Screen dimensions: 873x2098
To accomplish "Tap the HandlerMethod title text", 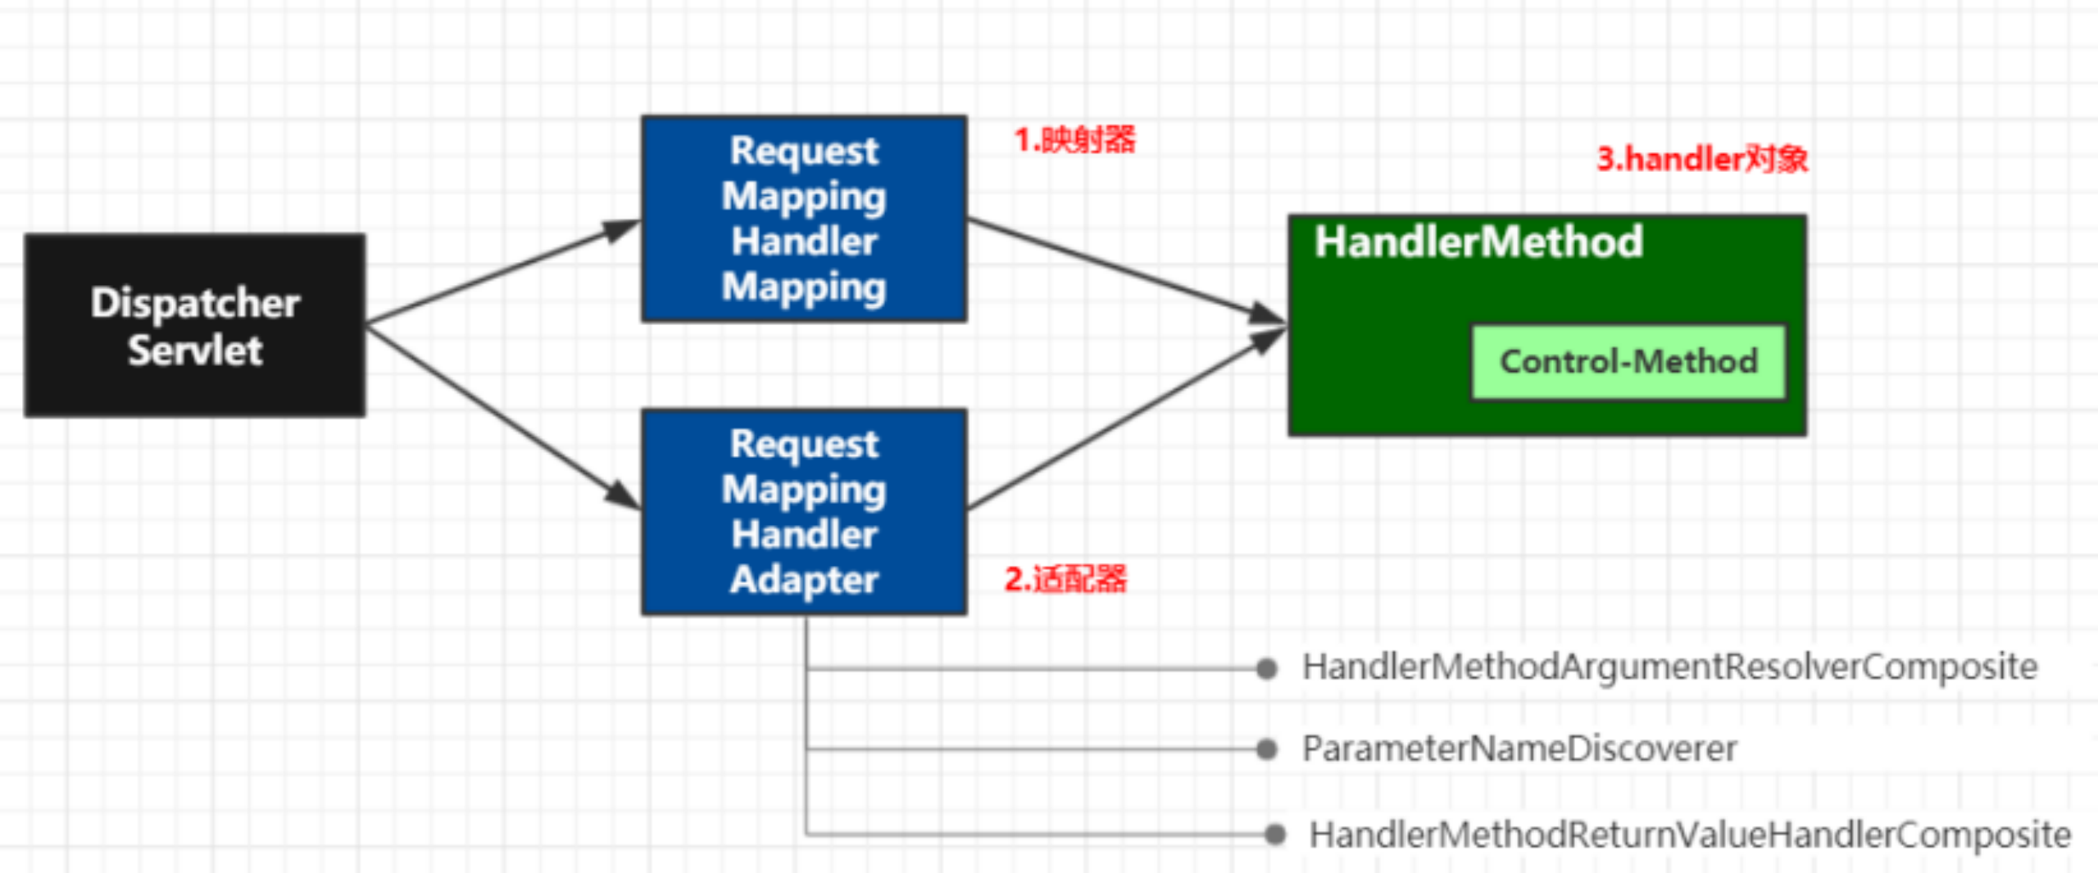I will point(1478,242).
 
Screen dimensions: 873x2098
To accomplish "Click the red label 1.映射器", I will point(1074,140).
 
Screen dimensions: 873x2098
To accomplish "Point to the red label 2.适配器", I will point(1065,579).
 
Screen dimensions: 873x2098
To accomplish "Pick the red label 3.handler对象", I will point(1702,159).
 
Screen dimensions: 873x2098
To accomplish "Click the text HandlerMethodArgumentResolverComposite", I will point(1669,667).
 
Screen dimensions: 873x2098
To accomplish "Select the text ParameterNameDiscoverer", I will point(1519,749).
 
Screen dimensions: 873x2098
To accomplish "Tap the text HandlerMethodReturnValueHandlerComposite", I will point(1689,835).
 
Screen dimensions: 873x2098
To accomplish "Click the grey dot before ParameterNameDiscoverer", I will point(1267,749).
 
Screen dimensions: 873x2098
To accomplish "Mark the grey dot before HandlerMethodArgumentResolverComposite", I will point(1267,669).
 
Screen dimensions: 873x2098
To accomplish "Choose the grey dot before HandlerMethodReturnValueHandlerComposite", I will point(1274,835).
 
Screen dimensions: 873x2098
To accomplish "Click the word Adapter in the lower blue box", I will point(803,580).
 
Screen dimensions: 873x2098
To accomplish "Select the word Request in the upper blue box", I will point(803,152).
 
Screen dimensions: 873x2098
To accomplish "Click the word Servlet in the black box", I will point(194,351).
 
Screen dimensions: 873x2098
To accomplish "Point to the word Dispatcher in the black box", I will point(194,303).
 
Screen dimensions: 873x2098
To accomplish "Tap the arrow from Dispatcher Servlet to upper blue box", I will point(500,274).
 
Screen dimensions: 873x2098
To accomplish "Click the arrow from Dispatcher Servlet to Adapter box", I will point(500,416).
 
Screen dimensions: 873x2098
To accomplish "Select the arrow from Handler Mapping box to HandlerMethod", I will point(1123,269).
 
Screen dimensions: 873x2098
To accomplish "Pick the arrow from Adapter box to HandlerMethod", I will point(1123,420).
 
